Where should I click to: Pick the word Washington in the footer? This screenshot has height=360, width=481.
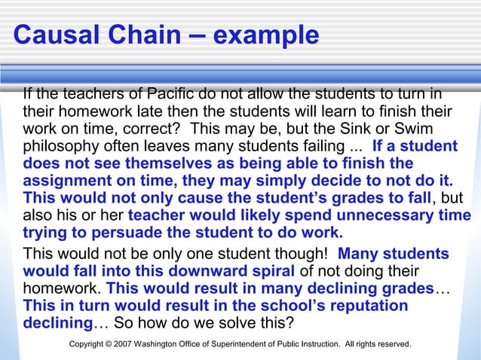pos(156,344)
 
